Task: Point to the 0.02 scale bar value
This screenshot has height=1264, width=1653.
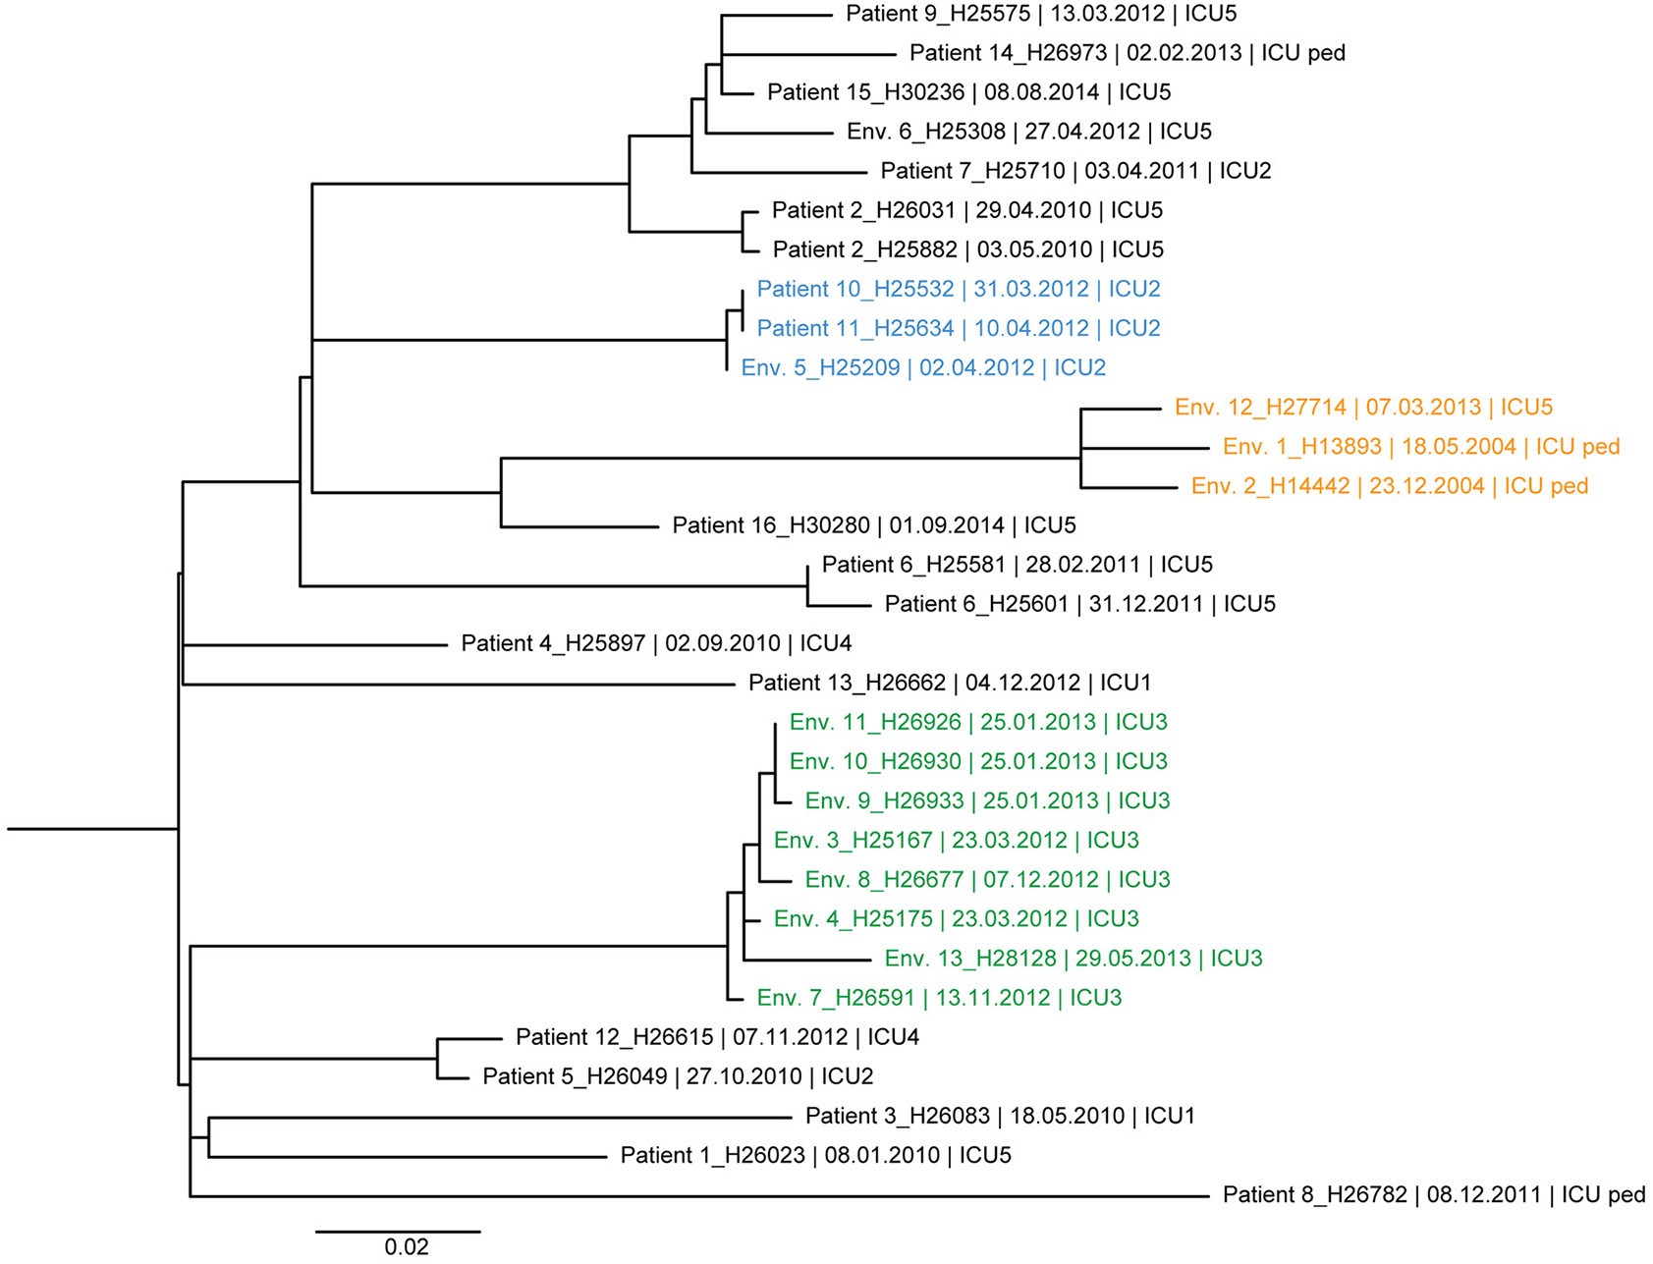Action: (407, 1247)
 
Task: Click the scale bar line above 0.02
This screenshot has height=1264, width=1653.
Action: (398, 1231)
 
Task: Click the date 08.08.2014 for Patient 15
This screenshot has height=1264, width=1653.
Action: (1041, 92)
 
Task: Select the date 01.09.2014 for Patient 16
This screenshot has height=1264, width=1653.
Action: (947, 525)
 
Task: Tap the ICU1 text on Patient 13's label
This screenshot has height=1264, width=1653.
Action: (1125, 684)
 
